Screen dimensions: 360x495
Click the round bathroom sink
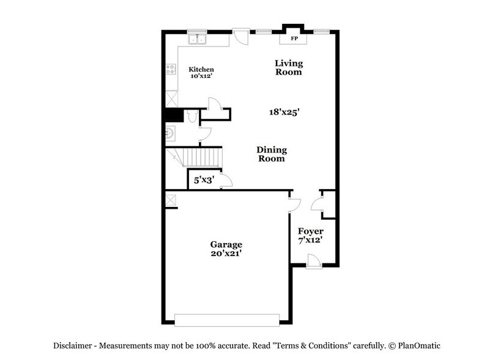[171, 132]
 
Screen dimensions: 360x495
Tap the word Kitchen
[201, 69]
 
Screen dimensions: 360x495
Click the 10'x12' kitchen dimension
[201, 77]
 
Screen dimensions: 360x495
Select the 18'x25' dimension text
[284, 112]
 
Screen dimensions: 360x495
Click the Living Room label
[288, 67]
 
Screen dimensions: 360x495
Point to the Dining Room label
[271, 154]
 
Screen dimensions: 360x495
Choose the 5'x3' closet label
[203, 180]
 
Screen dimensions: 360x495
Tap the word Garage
[227, 244]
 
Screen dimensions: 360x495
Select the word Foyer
[310, 231]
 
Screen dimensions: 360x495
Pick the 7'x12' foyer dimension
[310, 240]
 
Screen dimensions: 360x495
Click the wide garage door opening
[226, 319]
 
